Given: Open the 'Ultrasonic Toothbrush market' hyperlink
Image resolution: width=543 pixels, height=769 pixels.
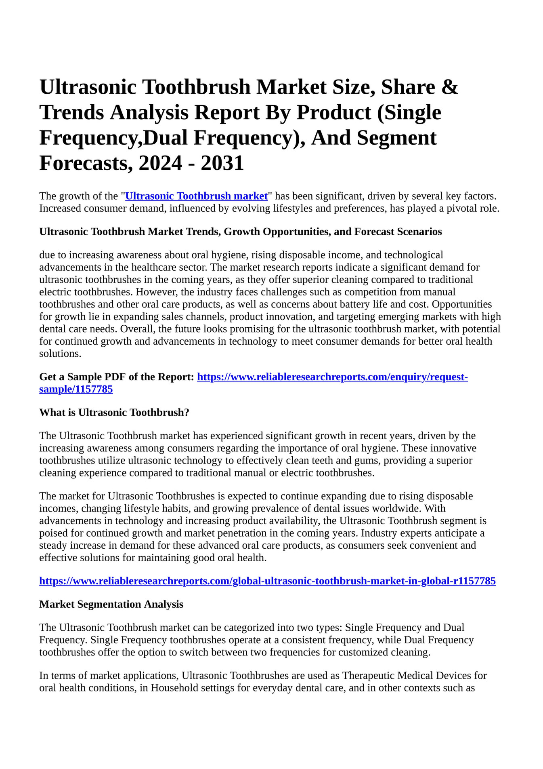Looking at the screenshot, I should pyautogui.click(x=197, y=196).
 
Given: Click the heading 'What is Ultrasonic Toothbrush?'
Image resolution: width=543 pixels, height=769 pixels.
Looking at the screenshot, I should pyautogui.click(x=114, y=413).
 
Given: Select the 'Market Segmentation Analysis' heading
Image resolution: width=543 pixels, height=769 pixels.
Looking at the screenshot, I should pyautogui.click(x=111, y=604).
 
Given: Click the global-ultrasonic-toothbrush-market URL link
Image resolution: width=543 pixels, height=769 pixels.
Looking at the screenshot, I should pyautogui.click(x=267, y=581).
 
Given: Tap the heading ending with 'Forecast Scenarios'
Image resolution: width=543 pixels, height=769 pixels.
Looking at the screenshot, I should pyautogui.click(x=240, y=232).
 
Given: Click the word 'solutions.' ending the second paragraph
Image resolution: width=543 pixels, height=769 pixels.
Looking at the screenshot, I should pyautogui.click(x=60, y=354).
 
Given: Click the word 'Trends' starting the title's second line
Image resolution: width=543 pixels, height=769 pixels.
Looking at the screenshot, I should pyautogui.click(x=71, y=113).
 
